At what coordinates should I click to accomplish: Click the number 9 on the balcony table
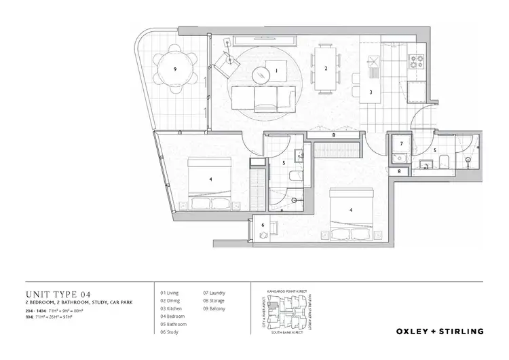click(175, 69)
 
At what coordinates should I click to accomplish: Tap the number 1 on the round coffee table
click(276, 71)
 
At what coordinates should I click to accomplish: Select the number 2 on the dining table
click(326, 69)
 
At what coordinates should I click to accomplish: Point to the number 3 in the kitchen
click(371, 92)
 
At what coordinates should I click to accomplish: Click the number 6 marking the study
click(263, 225)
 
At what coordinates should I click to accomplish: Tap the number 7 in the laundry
click(401, 144)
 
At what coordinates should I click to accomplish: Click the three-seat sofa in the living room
click(264, 101)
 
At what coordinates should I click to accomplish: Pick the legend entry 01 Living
click(170, 293)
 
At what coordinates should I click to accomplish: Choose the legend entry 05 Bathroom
click(174, 324)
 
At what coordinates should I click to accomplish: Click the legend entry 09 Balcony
click(215, 308)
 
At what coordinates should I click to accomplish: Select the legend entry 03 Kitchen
click(171, 308)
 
